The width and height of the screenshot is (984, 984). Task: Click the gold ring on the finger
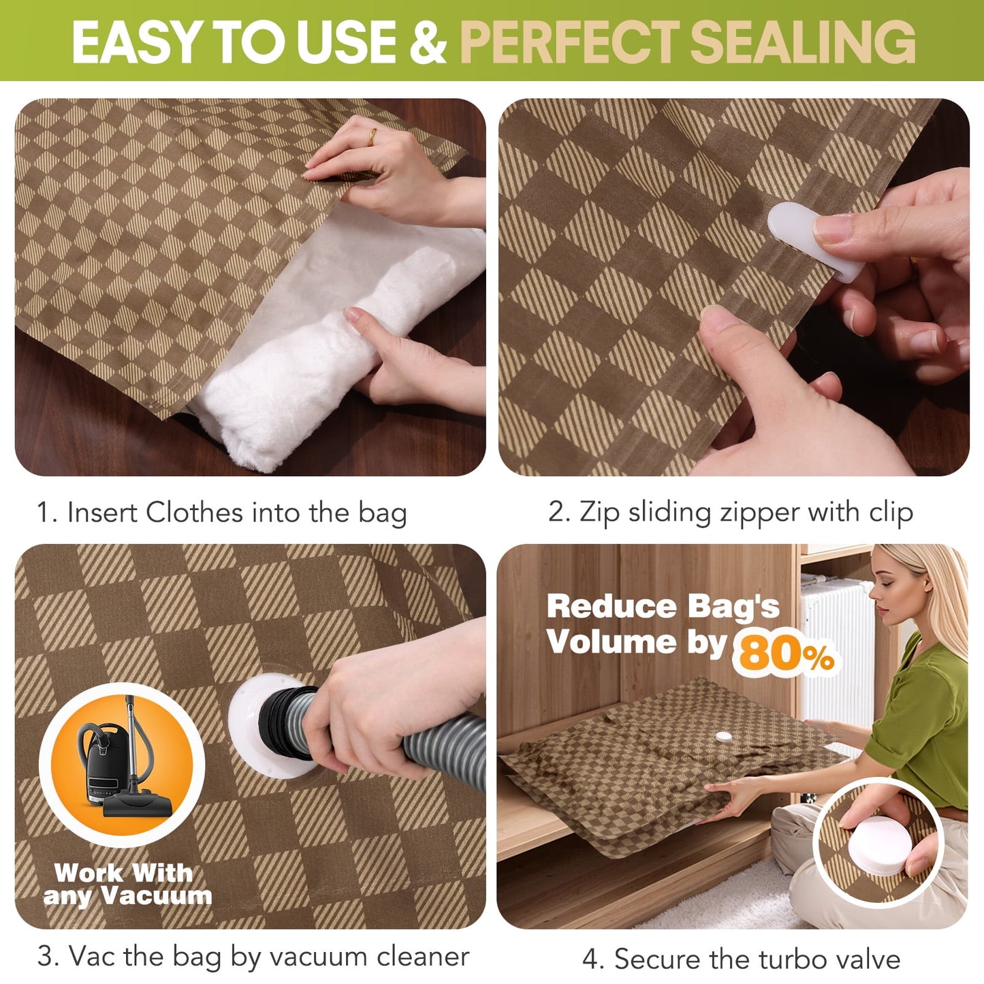[372, 137]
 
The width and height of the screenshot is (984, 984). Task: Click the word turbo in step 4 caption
[786, 959]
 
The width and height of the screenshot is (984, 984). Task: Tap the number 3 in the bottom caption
[46, 957]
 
